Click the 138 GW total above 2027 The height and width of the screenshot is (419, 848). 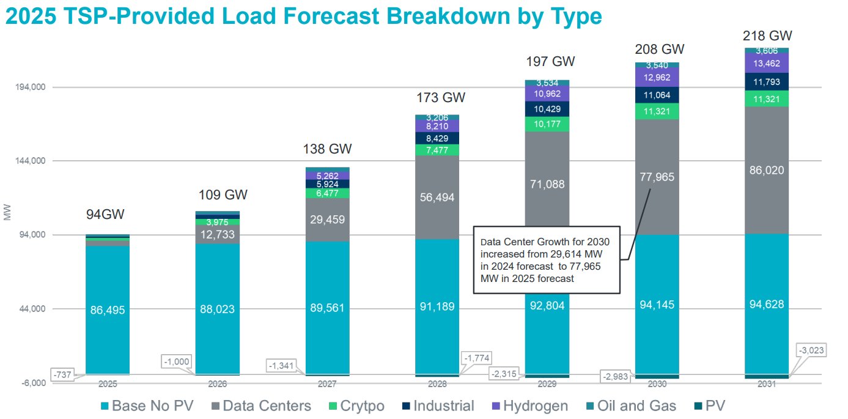tap(327, 149)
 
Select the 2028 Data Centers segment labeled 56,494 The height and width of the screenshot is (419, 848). tap(437, 198)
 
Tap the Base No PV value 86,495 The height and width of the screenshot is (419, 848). tap(107, 310)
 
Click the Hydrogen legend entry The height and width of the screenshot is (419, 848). tap(529, 406)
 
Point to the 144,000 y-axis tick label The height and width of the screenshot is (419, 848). tap(30, 161)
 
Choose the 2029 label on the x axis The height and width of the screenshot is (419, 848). tap(547, 384)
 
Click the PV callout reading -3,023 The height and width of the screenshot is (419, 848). tap(811, 351)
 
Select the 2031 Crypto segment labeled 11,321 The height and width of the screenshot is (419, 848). tap(767, 99)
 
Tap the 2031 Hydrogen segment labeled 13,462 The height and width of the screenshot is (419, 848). tap(767, 64)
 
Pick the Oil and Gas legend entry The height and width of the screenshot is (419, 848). tap(630, 406)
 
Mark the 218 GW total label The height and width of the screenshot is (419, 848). tap(767, 35)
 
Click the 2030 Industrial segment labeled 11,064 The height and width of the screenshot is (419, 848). tap(657, 95)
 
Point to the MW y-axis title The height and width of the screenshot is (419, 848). tap(7, 213)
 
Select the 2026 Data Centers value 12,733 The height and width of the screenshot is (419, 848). tap(217, 234)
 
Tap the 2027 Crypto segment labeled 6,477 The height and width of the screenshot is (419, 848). tap(327, 193)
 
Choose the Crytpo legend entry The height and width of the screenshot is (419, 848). tap(356, 406)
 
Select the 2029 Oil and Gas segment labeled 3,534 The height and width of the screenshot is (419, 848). tap(547, 83)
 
